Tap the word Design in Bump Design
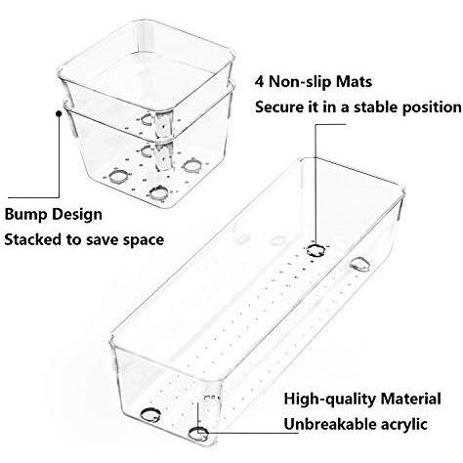(x=77, y=215)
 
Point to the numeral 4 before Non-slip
(x=259, y=81)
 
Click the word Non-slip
(x=300, y=81)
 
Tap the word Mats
(x=354, y=81)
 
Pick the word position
(x=432, y=107)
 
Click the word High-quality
(x=329, y=400)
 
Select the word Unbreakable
(x=326, y=424)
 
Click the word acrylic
(x=400, y=425)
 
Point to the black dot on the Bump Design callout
(x=59, y=113)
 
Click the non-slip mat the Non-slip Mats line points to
(x=316, y=250)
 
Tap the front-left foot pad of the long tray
(x=150, y=415)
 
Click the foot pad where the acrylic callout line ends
(x=198, y=434)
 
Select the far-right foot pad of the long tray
(x=359, y=265)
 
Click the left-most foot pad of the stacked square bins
(x=117, y=177)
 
